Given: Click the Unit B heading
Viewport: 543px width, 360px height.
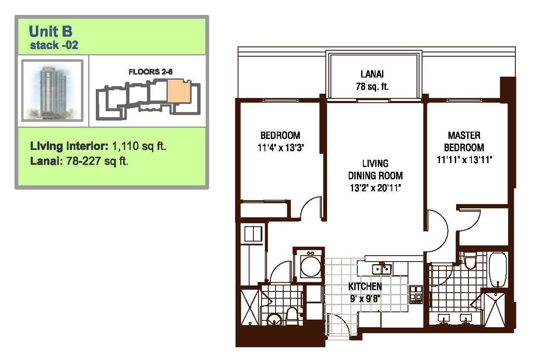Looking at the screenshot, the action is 50,31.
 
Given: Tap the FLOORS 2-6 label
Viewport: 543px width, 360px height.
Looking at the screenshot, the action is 150,72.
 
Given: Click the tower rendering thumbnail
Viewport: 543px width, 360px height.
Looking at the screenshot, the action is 52,90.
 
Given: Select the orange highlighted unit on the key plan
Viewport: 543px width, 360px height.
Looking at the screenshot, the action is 178,91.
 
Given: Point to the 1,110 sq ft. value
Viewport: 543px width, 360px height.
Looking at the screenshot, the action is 139,146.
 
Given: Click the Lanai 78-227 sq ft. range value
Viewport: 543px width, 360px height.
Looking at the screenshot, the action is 97,161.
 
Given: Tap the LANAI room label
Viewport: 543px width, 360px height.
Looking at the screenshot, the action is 372,74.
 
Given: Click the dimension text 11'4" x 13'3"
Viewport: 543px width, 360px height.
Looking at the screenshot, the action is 281,147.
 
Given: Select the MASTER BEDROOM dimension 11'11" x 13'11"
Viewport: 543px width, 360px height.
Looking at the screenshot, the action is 464,160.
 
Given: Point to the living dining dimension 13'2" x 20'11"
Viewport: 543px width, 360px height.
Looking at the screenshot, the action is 375,188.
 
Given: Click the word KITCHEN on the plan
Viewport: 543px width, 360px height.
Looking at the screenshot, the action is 365,287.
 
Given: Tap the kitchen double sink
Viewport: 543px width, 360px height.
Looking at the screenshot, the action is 382,268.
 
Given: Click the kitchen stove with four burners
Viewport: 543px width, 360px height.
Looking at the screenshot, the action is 416,294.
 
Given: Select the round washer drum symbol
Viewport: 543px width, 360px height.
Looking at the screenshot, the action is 310,266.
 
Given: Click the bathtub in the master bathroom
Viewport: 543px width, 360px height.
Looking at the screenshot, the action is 498,270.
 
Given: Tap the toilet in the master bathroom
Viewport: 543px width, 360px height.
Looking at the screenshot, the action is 470,260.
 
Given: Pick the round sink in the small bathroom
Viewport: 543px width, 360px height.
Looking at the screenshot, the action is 274,320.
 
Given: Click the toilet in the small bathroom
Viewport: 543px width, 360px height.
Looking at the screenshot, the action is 292,316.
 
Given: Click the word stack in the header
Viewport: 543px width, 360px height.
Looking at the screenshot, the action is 44,45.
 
